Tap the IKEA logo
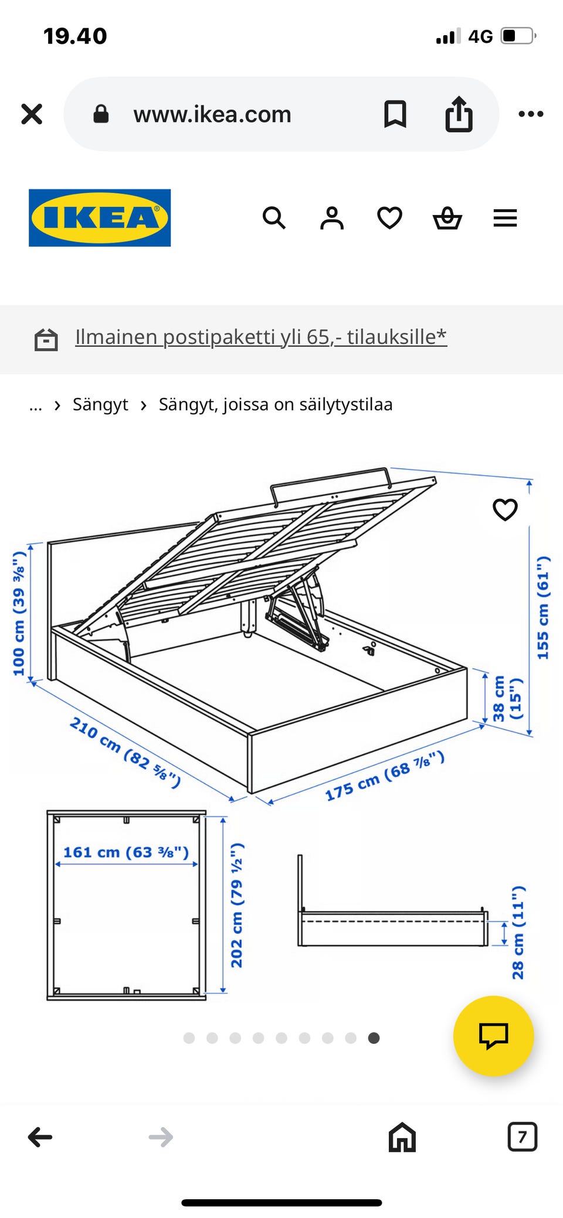coord(100,217)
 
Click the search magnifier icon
coord(274,218)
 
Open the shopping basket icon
coord(447,218)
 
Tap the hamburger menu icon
coord(505,218)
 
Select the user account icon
coord(332,218)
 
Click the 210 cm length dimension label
coord(125,752)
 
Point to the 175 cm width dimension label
coord(385,775)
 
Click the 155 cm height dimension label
coord(543,608)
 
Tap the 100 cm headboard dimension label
coord(19,613)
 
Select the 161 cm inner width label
coord(126,852)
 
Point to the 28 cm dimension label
coord(518,933)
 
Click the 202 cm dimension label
coord(237,906)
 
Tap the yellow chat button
coord(494,1036)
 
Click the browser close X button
coord(32,114)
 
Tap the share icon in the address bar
coord(459,114)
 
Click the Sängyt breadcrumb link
coord(100,404)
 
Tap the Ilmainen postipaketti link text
coord(261,337)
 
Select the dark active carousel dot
coord(374,1038)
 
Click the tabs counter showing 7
coord(522,1137)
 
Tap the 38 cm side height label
coord(507,698)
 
